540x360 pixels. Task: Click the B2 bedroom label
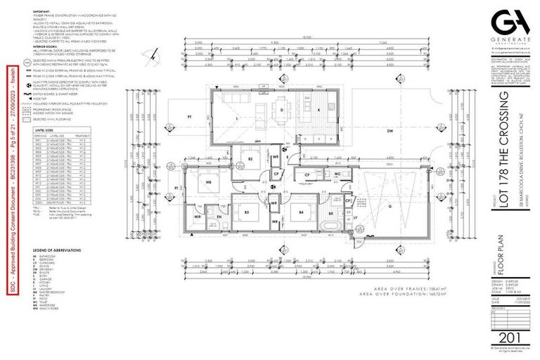tap(250, 160)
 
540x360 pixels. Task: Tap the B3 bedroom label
tap(247, 212)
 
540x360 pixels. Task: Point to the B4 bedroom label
tap(300, 212)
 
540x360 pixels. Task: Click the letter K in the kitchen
tap(319, 110)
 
